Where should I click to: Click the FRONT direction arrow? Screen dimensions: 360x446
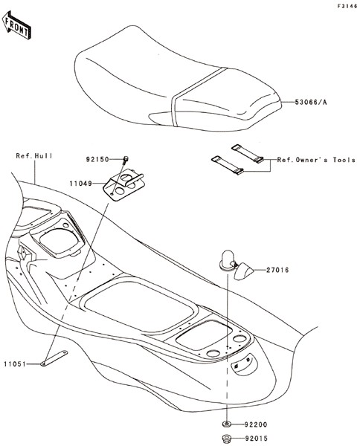16,25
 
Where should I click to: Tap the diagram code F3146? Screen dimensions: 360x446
347,6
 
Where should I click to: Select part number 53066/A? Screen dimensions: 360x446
311,102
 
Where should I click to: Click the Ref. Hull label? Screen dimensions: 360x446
34,156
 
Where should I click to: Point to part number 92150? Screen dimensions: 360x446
97,160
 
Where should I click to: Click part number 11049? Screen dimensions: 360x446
81,184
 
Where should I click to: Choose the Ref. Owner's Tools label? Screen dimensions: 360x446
316,160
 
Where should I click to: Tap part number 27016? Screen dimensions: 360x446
277,270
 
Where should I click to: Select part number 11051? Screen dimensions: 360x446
15,363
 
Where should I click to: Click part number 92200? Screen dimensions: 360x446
256,424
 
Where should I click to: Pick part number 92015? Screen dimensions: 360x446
256,439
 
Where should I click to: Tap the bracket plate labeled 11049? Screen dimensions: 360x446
124,185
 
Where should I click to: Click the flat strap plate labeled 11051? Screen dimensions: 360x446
54,358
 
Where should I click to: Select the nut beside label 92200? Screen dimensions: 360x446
227,424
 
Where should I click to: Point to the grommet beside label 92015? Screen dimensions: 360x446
227,438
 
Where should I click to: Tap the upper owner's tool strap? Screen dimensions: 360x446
247,154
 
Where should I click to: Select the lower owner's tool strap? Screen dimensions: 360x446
228,165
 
